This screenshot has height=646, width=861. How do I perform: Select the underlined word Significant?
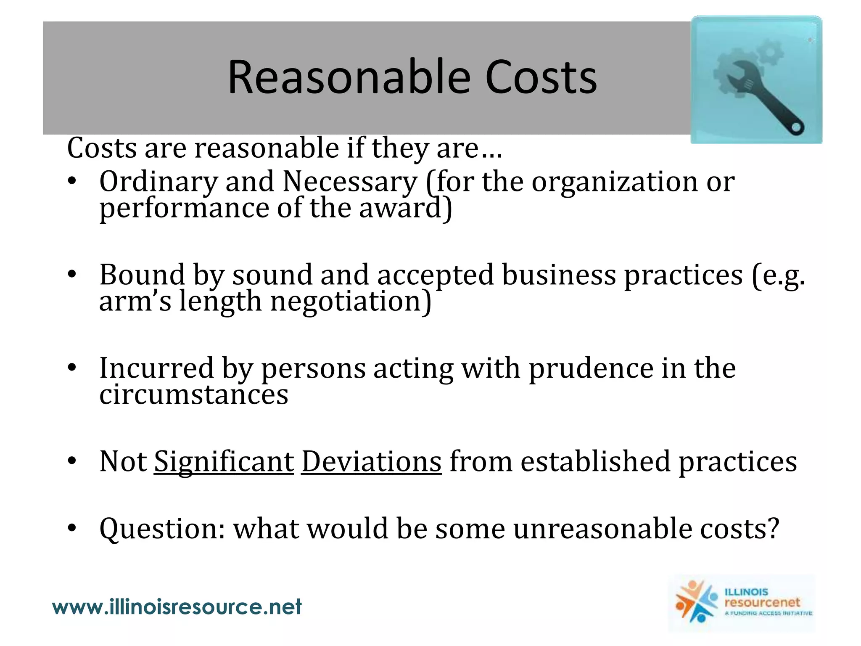pos(224,462)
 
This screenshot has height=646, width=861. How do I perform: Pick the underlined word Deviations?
pos(371,462)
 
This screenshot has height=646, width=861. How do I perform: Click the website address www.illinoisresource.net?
pos(177,607)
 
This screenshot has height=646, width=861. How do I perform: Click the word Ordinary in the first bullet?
pos(158,182)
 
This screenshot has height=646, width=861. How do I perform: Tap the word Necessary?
pos(350,182)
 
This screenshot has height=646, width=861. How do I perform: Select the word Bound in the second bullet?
pos(142,275)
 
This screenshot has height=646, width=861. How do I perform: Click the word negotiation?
pos(350,302)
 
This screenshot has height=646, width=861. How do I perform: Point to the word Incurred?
pos(156,368)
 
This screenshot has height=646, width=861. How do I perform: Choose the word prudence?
pos(591,368)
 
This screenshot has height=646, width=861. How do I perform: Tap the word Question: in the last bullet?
pos(162,529)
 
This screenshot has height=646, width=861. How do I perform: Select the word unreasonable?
pos(602,529)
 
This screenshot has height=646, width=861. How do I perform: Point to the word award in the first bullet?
pos(404,208)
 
